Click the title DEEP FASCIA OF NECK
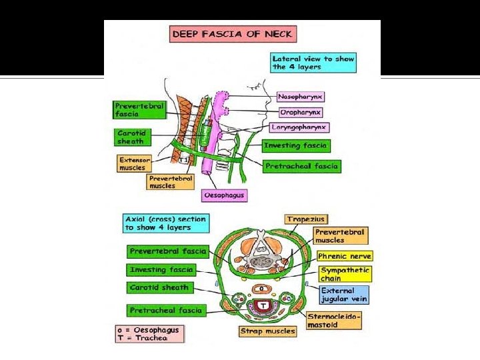pos(233,34)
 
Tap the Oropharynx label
pos(300,112)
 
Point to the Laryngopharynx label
pos(300,127)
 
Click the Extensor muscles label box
pos(132,163)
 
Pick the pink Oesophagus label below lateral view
pos(225,196)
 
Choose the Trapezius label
pos(305,219)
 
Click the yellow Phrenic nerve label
pos(344,256)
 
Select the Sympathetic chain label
pos(345,274)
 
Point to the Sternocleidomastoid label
pos(334,320)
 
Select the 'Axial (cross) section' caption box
pos(165,223)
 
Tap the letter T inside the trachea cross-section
pos(264,305)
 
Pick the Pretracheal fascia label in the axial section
pos(165,310)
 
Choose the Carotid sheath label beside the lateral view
pos(133,137)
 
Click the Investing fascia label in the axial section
pos(161,270)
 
